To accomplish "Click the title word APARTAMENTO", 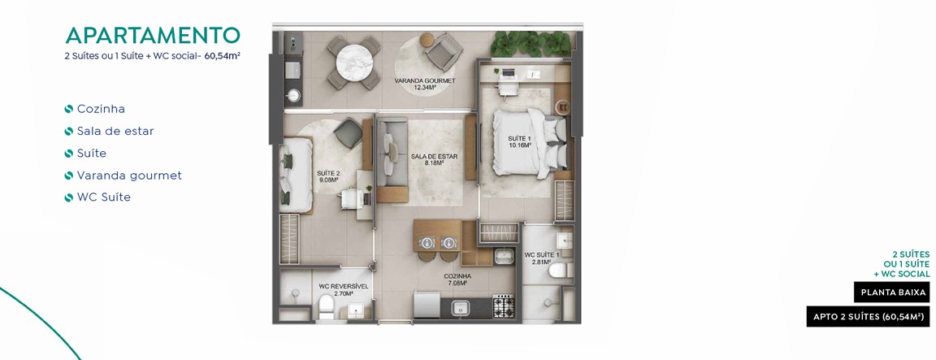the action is [x=153, y=36].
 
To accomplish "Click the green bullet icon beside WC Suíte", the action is [x=68, y=197].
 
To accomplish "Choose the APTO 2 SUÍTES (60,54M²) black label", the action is [x=868, y=316].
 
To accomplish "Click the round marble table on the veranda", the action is [x=354, y=62].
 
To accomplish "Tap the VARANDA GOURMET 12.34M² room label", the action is [x=425, y=85].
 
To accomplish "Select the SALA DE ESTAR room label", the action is [x=434, y=159].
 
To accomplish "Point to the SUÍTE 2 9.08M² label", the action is [x=327, y=176].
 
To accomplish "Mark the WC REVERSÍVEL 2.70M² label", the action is [x=343, y=289].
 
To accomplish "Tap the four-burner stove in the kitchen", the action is [x=503, y=306].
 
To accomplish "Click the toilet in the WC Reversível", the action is [x=326, y=308].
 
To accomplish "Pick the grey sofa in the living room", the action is [x=392, y=160].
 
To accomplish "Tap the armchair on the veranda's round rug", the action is [x=444, y=50].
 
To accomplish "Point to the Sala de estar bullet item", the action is [x=115, y=131].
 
